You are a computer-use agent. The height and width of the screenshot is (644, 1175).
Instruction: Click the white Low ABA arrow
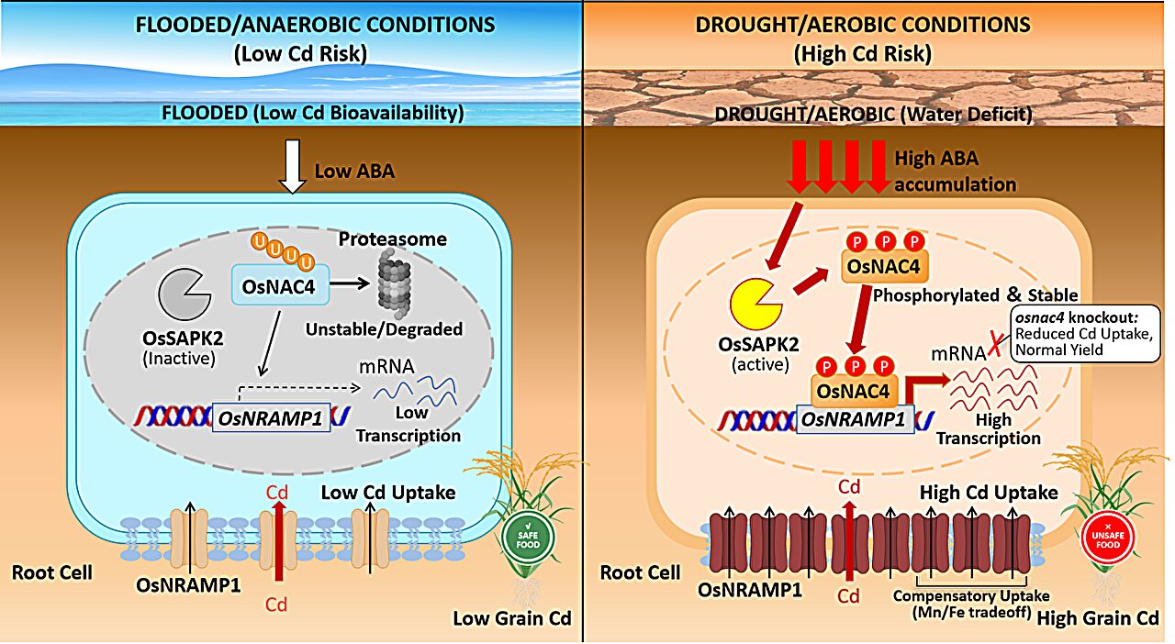click(292, 166)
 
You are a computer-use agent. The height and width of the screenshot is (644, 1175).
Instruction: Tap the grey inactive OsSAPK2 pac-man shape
click(181, 294)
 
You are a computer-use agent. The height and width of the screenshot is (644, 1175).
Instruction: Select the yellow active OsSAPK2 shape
click(753, 305)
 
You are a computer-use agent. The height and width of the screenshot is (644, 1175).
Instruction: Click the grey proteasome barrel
click(394, 283)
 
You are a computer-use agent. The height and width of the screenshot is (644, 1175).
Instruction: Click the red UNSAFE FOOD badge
click(1108, 537)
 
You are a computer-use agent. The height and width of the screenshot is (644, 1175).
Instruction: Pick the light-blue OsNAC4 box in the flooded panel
click(280, 284)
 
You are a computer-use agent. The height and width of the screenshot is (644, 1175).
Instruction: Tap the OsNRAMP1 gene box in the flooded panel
click(271, 418)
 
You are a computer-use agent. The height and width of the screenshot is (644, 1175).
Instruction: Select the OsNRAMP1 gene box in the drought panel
click(855, 419)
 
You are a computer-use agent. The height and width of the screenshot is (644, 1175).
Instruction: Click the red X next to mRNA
click(994, 345)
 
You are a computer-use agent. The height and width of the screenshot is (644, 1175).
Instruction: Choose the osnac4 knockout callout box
click(1085, 334)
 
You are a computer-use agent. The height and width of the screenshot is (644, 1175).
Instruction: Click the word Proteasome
click(392, 239)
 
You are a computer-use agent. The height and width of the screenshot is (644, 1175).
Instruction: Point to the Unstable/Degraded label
click(384, 329)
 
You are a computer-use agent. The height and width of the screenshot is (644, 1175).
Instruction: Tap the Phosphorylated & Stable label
click(975, 295)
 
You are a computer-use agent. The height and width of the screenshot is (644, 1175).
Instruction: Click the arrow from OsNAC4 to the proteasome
click(350, 283)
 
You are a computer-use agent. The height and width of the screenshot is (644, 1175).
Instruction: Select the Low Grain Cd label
click(512, 619)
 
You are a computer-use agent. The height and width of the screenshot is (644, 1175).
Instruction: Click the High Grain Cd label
click(1098, 619)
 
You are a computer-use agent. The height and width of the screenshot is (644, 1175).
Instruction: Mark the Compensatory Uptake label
click(971, 605)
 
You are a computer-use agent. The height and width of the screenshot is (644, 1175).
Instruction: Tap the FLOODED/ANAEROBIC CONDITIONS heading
click(315, 25)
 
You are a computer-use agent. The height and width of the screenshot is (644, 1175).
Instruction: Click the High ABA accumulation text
click(955, 171)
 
